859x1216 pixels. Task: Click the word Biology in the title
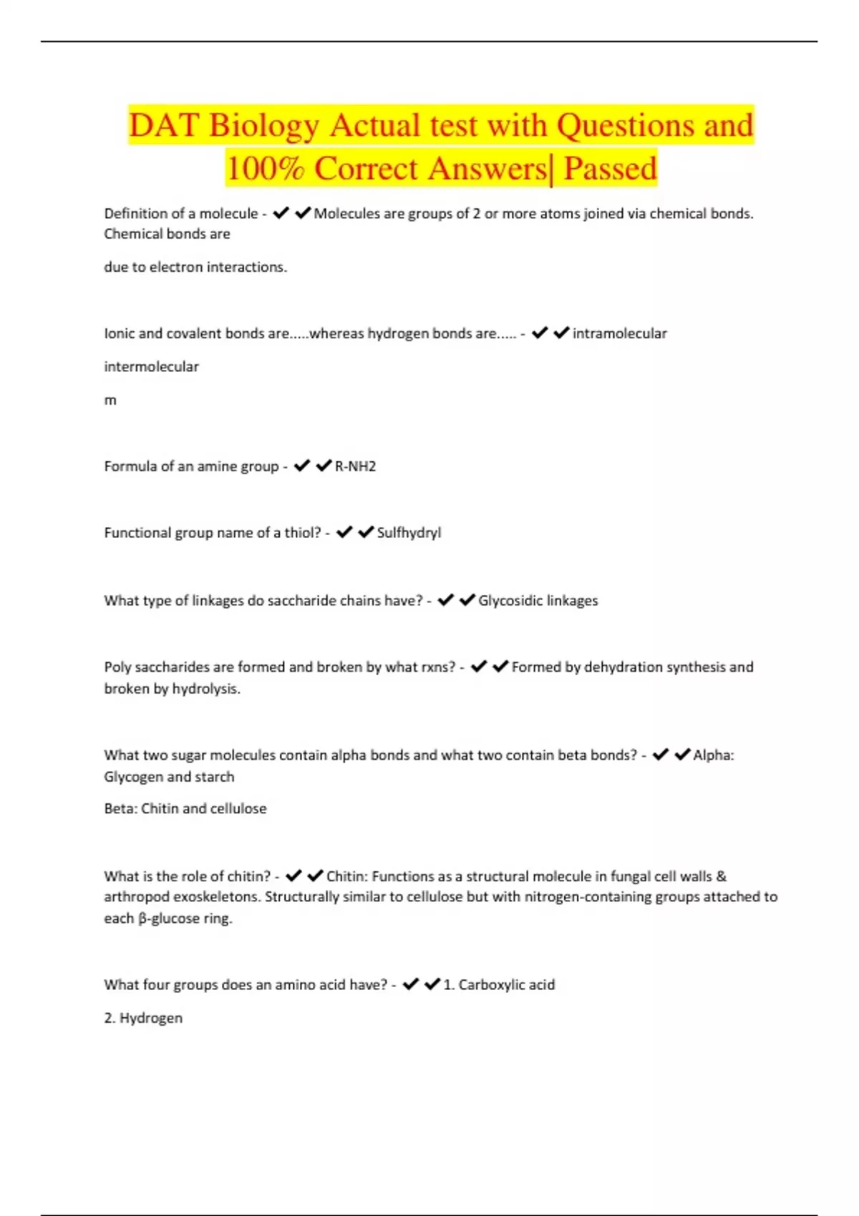coord(263,126)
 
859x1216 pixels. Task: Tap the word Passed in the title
coord(610,169)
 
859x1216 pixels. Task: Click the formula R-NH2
coord(355,466)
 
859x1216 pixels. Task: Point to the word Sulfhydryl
coord(409,533)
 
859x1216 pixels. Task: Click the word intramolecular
coord(619,333)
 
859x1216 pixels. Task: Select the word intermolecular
coord(151,367)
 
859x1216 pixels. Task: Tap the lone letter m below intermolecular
coord(110,401)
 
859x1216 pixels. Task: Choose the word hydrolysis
coord(205,689)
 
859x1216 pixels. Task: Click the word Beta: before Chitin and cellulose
coord(120,809)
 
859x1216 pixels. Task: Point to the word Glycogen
coord(133,777)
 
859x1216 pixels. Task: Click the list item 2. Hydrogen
coord(143,1018)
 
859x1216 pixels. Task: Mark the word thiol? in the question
coord(303,533)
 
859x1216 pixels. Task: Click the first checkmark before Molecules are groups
coord(281,213)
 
